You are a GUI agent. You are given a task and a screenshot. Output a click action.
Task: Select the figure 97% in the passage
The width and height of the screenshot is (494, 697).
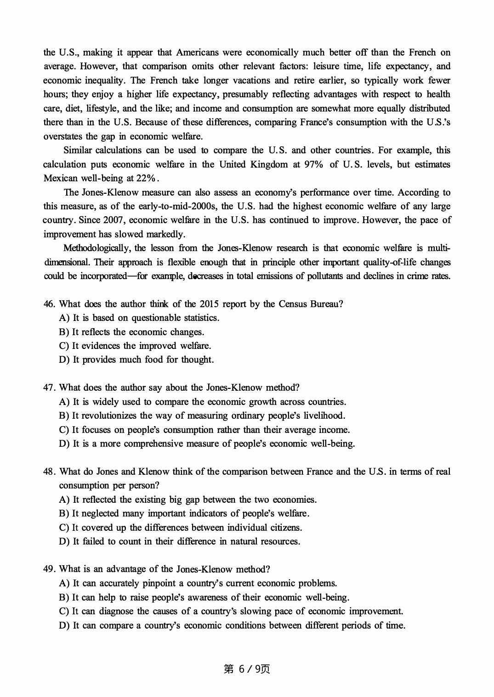pos(313,164)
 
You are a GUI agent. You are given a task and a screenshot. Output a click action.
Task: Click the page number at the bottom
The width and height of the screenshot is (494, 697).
pos(247,669)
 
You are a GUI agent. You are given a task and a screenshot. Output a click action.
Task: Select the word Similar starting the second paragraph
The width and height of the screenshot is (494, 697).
pos(78,150)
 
